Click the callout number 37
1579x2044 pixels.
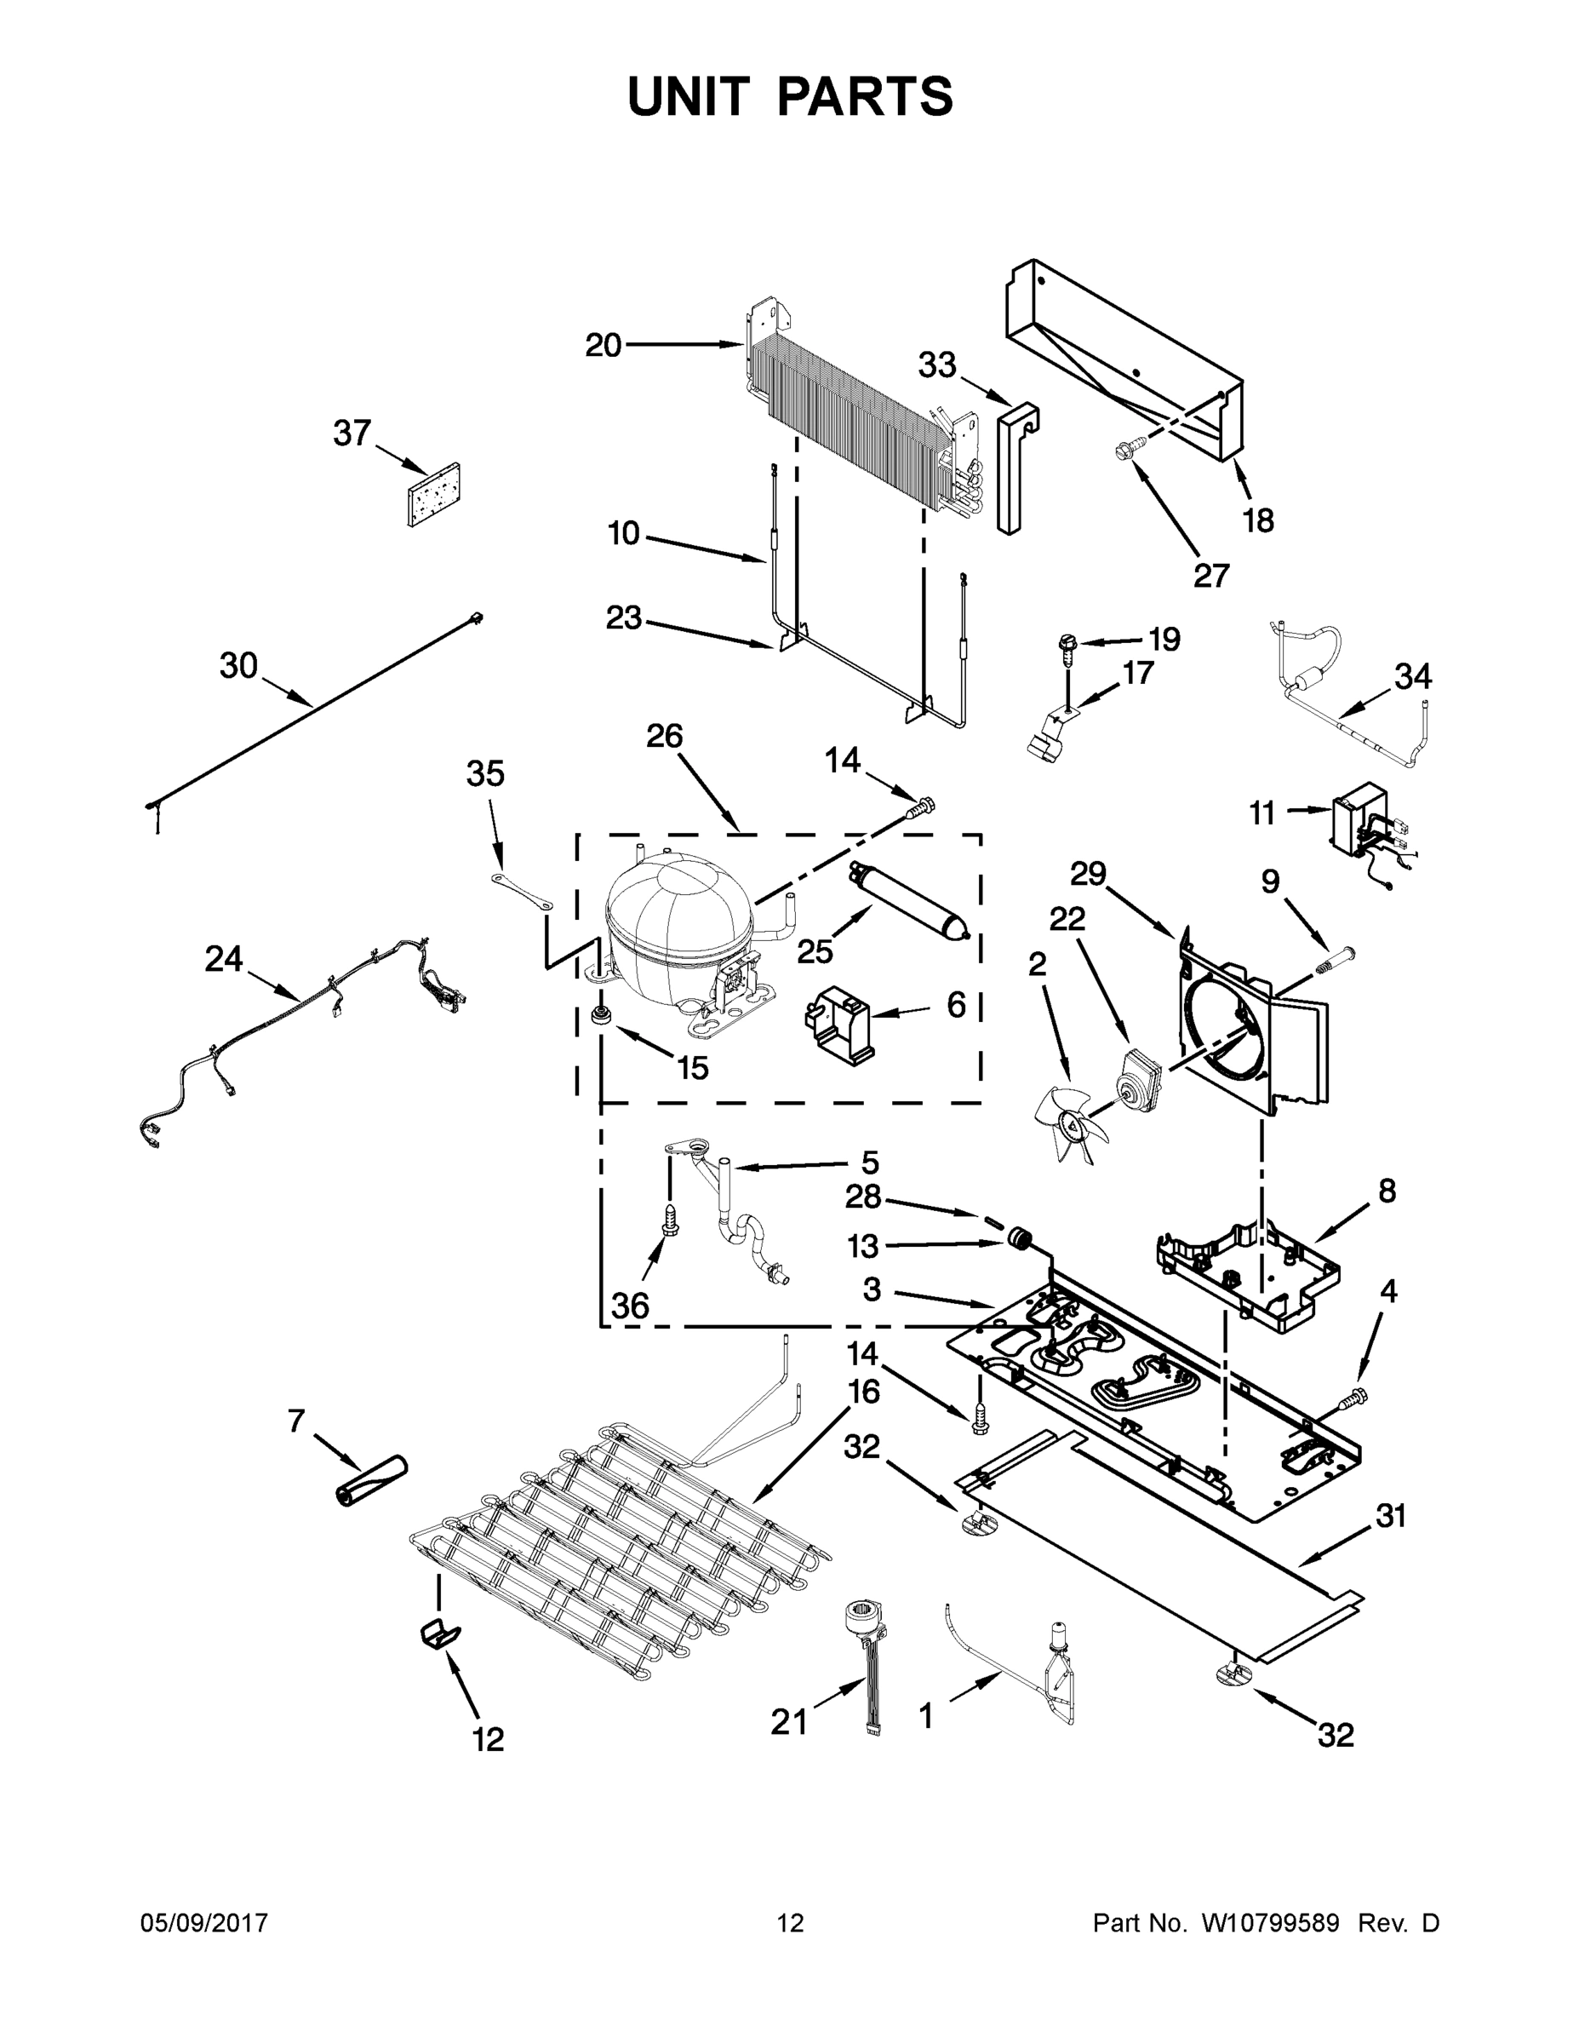352,433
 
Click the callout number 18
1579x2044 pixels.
1258,520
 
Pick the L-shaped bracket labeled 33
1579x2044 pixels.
1012,468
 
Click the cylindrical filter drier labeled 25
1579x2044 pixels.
911,902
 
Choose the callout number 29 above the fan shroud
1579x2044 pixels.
1088,873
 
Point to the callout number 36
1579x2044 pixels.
630,1306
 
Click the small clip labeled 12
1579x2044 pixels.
438,1633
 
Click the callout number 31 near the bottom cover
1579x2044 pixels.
1391,1515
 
